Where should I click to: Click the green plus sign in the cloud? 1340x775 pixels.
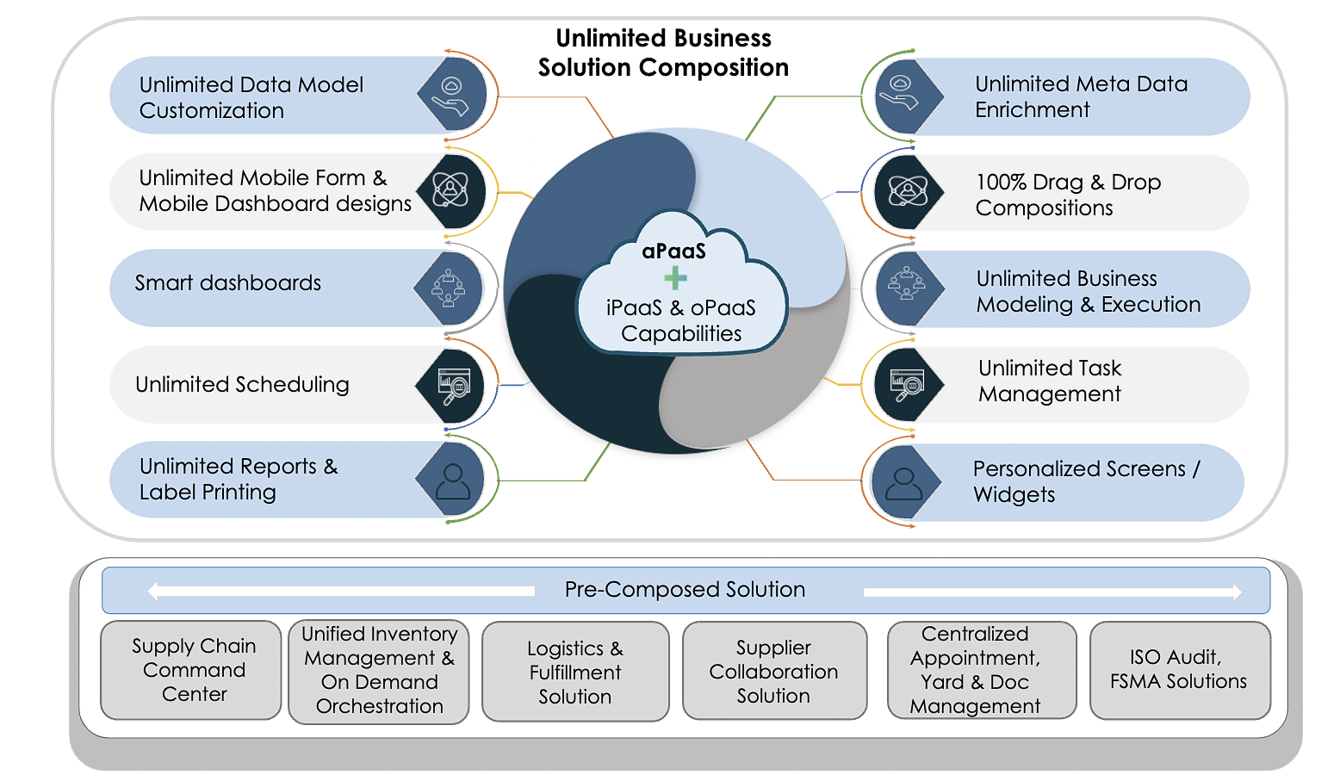[x=675, y=278]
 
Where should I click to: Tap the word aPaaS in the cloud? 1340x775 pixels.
[x=673, y=251]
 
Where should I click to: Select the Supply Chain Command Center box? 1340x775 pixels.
[x=191, y=670]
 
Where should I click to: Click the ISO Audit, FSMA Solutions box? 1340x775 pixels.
[x=1179, y=670]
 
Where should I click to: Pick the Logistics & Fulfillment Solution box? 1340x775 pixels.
[x=575, y=672]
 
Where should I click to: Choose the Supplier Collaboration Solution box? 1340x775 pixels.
[x=774, y=671]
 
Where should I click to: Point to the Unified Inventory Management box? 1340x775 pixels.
[x=379, y=671]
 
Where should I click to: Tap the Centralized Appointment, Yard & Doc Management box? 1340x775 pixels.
[x=980, y=670]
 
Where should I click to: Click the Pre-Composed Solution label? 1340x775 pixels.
[x=685, y=590]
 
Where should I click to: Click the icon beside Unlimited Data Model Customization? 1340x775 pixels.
[x=451, y=95]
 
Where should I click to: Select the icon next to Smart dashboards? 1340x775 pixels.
[x=449, y=288]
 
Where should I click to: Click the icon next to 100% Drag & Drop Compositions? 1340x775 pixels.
[x=906, y=191]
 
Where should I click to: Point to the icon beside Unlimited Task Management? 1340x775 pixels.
[x=906, y=384]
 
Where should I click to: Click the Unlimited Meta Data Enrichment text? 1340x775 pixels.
[x=1081, y=96]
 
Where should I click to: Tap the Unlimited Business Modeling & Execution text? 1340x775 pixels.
[x=1088, y=291]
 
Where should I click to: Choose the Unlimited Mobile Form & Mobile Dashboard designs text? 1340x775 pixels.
[x=275, y=190]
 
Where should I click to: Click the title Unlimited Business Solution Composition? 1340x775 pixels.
[x=663, y=53]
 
